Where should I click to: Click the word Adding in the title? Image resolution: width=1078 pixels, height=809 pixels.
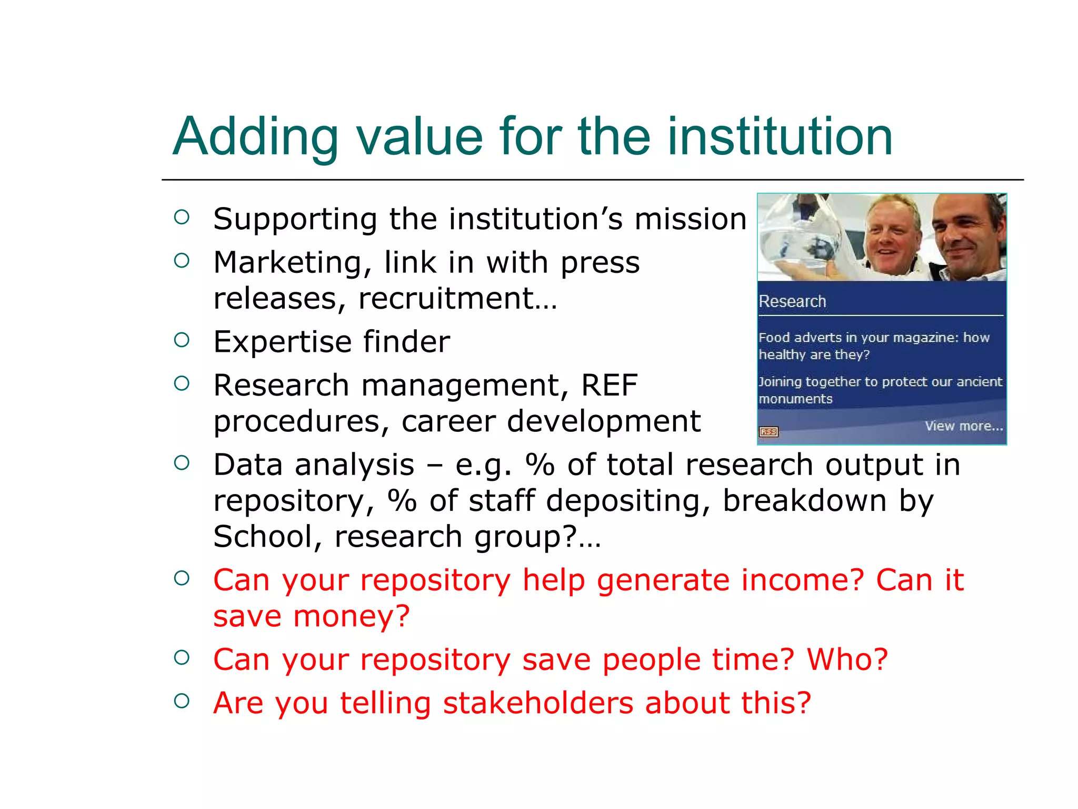click(x=255, y=137)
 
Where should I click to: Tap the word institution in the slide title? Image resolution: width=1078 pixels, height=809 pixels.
click(x=780, y=137)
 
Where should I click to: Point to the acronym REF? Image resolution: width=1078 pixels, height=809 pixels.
click(x=609, y=385)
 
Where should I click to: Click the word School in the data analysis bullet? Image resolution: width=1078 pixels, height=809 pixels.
click(x=263, y=537)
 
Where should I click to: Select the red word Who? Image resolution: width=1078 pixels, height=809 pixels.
click(x=847, y=659)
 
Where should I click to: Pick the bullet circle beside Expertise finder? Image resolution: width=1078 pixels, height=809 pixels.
click(x=182, y=340)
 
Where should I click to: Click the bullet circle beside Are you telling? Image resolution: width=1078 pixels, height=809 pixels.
click(x=182, y=701)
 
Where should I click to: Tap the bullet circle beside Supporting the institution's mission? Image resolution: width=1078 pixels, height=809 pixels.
click(x=182, y=217)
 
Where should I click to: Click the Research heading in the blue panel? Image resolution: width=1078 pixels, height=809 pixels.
click(x=792, y=302)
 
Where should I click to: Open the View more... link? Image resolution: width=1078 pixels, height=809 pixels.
click(x=964, y=426)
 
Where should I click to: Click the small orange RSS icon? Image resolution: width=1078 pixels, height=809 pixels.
click(x=768, y=432)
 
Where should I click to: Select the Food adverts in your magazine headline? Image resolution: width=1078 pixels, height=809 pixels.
click(x=874, y=346)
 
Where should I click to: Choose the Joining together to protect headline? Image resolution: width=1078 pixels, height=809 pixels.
click(x=880, y=390)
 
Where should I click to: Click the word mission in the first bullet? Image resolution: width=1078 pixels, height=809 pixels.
click(x=690, y=219)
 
